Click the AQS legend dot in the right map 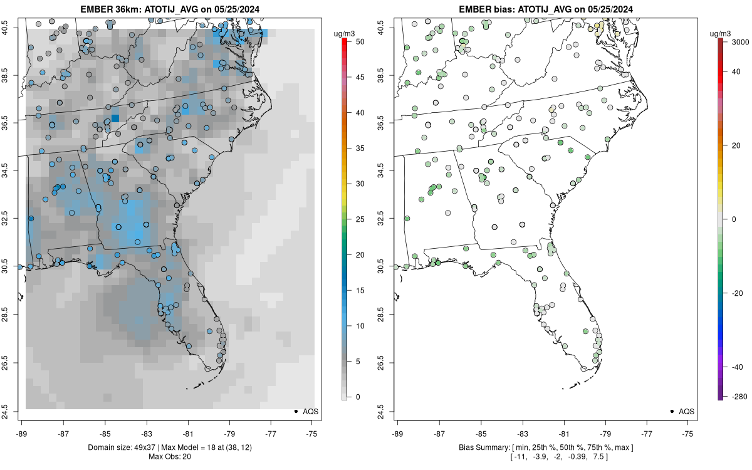[x=672, y=412]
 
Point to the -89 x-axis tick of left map [x=21, y=432]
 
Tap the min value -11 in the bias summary [x=518, y=456]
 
